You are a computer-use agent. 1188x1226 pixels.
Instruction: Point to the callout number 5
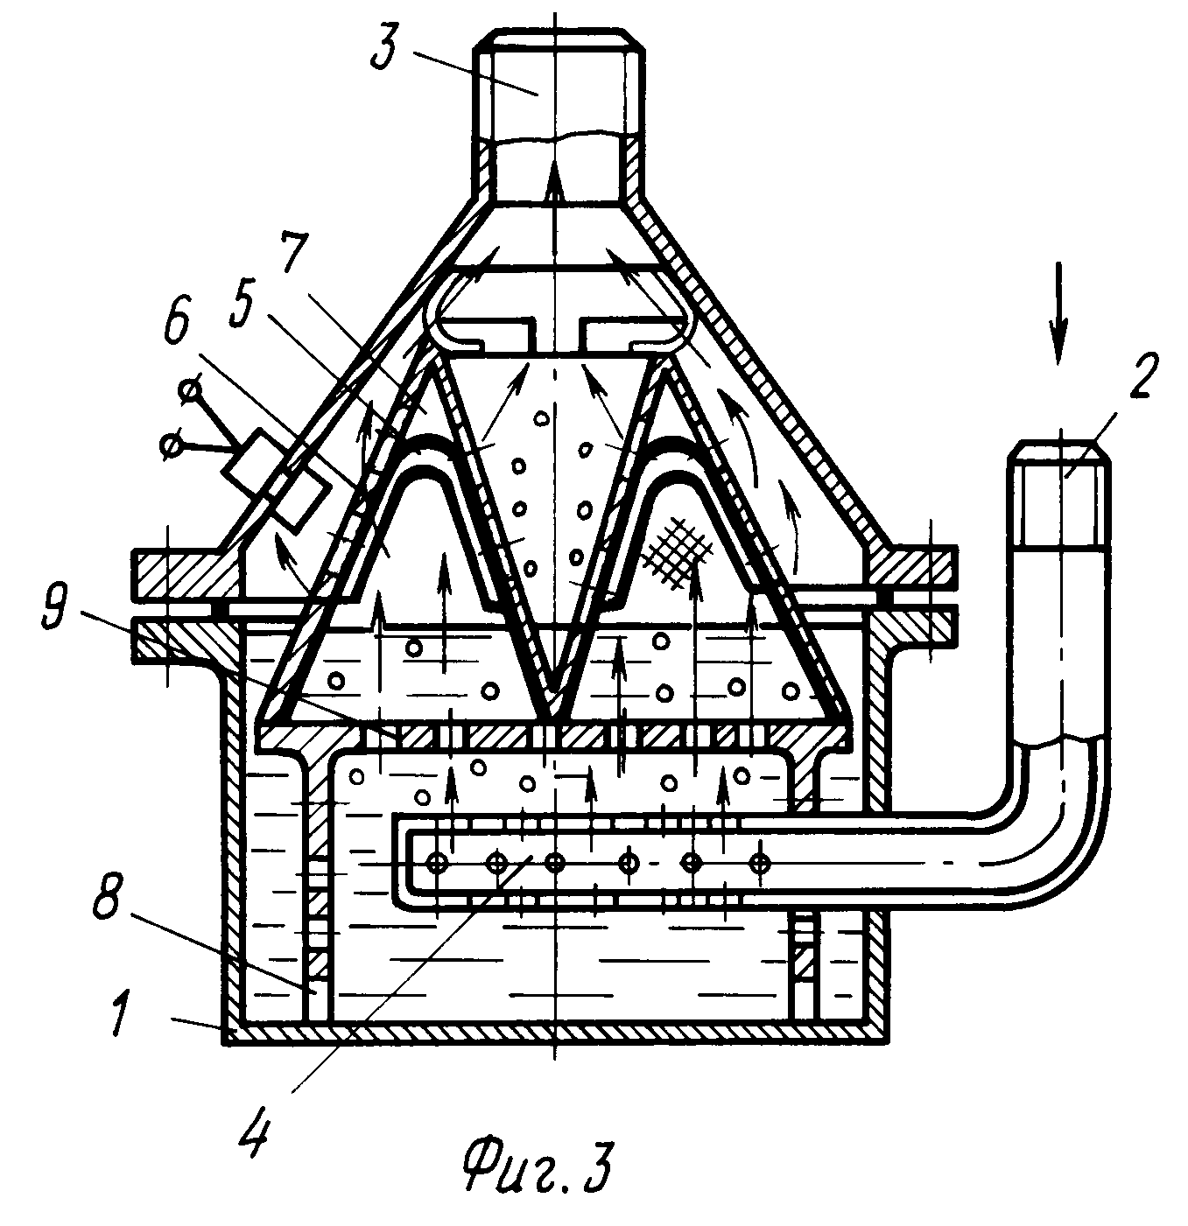(241, 306)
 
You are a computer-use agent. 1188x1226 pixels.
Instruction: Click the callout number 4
(256, 1134)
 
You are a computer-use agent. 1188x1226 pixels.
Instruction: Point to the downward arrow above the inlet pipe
(1058, 312)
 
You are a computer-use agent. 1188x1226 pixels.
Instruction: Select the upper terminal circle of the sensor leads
(190, 391)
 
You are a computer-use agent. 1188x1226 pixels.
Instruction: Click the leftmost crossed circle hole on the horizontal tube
(434, 862)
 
